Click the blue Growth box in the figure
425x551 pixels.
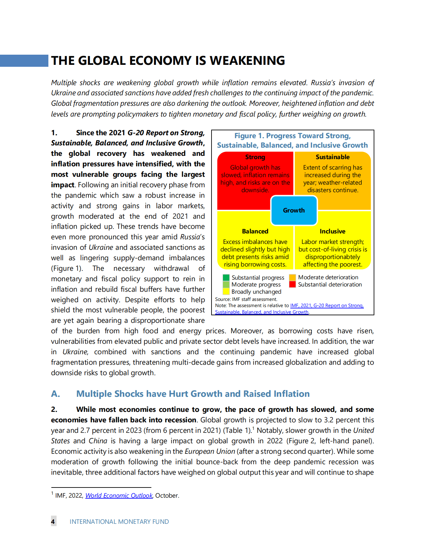294,211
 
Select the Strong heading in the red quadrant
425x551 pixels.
255,157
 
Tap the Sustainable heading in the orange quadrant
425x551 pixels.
332,157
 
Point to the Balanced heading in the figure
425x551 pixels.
255,231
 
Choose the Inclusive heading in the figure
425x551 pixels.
332,231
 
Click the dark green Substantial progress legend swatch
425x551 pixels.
226,278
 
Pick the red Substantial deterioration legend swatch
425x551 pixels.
292,285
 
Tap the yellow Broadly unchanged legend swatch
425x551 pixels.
226,291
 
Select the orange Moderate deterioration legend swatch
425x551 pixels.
292,278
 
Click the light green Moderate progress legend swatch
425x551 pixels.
226,285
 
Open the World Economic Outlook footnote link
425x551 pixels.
119,496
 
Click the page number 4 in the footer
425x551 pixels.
53,522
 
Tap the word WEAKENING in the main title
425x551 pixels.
247,61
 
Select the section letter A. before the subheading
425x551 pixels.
56,394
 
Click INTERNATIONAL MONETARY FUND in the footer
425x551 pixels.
119,522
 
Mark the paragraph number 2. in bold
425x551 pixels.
54,410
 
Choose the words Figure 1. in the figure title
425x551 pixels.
249,136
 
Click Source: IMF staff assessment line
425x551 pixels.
246,299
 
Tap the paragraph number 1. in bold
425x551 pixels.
54,133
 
